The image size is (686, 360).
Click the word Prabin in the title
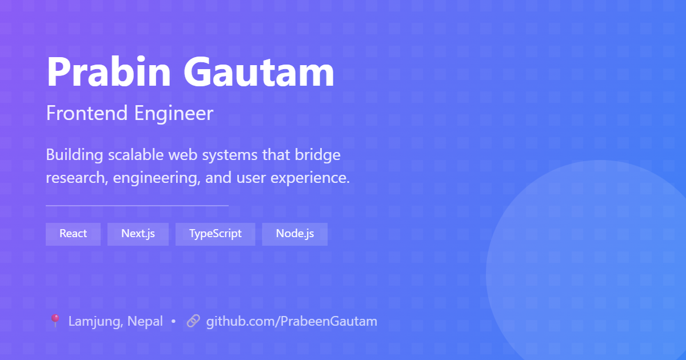click(109, 71)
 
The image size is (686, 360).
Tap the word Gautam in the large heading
click(259, 71)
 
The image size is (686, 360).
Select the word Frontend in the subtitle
click(87, 113)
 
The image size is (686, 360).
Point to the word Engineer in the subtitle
click(174, 114)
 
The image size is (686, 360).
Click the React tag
click(73, 234)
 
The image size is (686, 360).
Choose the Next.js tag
click(138, 234)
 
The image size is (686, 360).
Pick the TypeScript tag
click(216, 234)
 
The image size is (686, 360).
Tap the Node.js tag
click(295, 234)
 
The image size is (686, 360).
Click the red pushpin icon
click(55, 321)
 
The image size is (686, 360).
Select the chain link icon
click(193, 321)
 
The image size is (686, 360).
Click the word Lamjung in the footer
click(96, 322)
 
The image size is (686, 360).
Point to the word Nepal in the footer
click(145, 322)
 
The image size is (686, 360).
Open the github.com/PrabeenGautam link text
click(292, 322)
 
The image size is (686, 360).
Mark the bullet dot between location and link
click(173, 321)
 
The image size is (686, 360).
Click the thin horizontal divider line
click(137, 206)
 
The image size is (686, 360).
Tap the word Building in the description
click(74, 155)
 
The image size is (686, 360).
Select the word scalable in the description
click(135, 155)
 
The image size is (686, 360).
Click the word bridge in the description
click(318, 155)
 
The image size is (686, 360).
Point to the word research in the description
click(77, 178)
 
